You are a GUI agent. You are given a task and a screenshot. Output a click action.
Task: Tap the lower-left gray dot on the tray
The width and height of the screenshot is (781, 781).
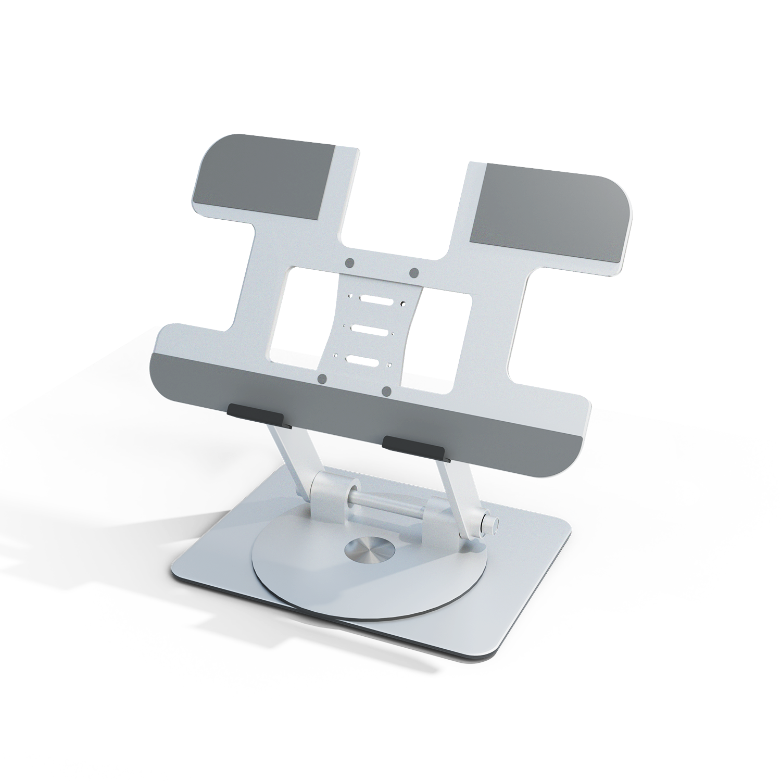pyautogui.click(x=322, y=379)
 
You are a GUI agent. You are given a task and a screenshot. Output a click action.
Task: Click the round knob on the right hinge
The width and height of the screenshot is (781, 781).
pyautogui.click(x=490, y=523)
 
